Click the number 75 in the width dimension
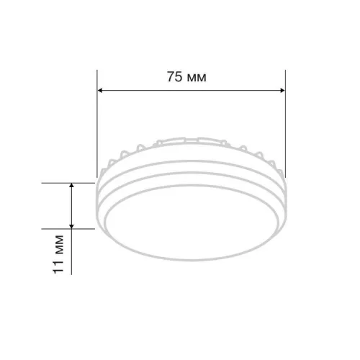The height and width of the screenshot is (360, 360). (175, 77)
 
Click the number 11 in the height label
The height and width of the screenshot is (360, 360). (58, 266)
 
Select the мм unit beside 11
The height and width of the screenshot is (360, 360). (59, 245)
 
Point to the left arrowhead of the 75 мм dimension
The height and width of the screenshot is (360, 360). (100, 91)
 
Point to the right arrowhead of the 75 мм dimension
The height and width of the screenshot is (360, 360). (282, 91)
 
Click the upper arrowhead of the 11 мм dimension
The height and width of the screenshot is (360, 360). (71, 186)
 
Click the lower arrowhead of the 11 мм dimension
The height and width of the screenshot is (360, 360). (71, 226)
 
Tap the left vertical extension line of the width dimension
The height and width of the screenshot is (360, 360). (97, 124)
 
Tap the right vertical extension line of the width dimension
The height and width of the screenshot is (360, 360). (285, 124)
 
